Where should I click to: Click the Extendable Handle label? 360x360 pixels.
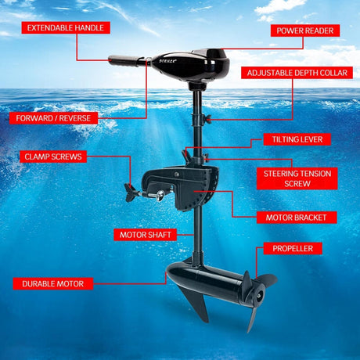tap(66, 27)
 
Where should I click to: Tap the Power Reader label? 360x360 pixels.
tap(305, 31)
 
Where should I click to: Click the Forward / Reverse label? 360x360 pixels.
tap(54, 119)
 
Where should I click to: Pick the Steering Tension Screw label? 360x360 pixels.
tap(297, 178)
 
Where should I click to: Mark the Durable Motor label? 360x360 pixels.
tap(52, 283)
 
